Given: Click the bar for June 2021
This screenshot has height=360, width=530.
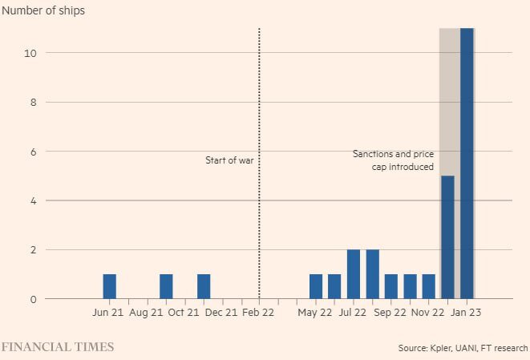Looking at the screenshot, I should tap(109, 286).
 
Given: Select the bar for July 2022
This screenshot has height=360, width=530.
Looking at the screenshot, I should tap(354, 274).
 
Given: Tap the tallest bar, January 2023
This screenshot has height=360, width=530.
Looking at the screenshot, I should tap(467, 164).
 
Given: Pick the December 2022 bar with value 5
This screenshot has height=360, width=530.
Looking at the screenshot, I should tap(447, 237).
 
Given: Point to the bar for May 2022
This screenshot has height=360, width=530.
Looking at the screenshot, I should tap(316, 286).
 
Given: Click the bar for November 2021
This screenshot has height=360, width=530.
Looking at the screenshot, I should tap(204, 286).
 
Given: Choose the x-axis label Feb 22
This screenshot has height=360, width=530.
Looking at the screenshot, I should tap(259, 313).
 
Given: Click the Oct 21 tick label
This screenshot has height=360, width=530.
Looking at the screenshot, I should tap(182, 313).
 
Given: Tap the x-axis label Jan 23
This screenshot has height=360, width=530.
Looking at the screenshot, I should tap(466, 313).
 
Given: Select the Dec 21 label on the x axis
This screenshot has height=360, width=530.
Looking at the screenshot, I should tap(220, 313).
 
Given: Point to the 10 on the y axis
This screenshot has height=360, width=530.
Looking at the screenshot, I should tap(30, 53).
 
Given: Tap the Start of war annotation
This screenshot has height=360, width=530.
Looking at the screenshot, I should tap(229, 160).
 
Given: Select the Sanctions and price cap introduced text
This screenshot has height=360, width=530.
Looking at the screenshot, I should tap(394, 160).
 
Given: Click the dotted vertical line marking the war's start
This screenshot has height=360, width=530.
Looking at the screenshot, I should tap(259, 96).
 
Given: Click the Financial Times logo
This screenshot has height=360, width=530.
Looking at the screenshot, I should tap(57, 347).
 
